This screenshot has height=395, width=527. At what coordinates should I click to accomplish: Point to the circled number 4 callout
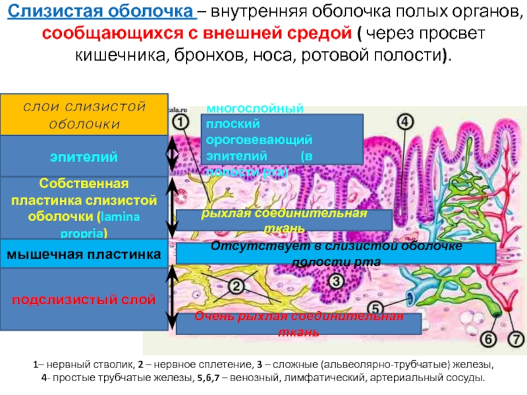404,122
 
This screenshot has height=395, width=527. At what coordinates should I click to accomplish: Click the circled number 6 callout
488,340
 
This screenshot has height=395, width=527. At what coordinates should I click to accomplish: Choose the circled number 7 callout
515,340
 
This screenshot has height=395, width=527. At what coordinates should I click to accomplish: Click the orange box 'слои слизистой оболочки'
84,115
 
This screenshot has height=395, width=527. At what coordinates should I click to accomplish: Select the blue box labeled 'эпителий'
84,157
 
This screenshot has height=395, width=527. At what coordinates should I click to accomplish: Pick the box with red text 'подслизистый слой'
84,300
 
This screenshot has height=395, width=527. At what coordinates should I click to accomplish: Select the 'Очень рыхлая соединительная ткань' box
298,323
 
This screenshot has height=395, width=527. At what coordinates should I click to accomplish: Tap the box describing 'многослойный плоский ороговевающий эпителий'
283,139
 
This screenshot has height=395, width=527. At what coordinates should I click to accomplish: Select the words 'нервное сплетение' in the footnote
186,363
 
